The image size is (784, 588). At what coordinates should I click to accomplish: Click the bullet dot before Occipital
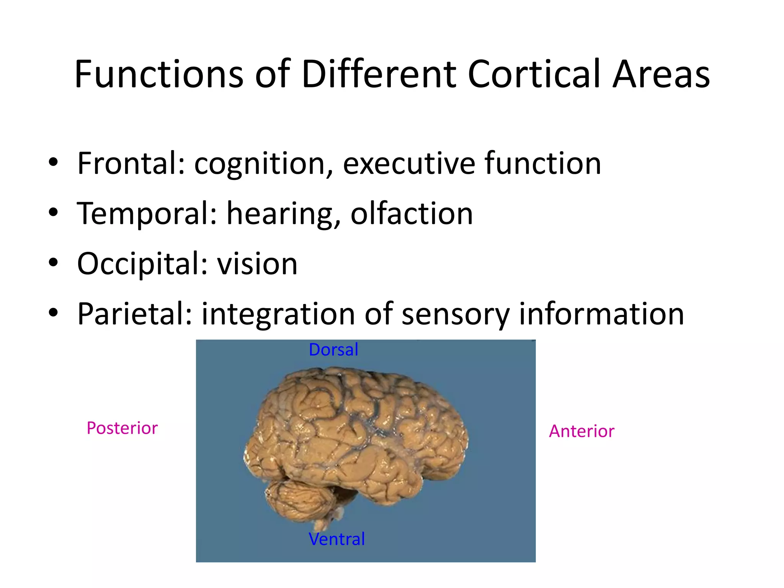[x=53, y=263]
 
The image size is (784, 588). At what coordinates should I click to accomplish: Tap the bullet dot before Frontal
[x=53, y=162]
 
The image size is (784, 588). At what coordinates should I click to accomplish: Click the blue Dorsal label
[x=333, y=350]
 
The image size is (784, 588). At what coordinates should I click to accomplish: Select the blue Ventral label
[x=336, y=539]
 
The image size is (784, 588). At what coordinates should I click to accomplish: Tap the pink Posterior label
[x=122, y=428]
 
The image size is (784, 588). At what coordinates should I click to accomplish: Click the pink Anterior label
[x=581, y=431]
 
